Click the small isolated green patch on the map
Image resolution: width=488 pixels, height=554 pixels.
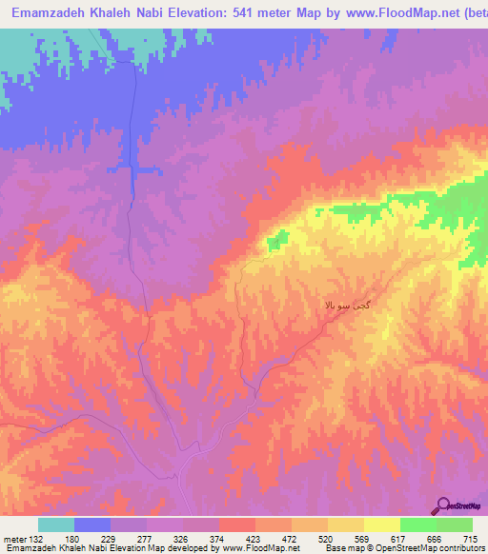[x=277, y=242]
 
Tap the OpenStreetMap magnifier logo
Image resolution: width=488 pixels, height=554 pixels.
[x=441, y=506]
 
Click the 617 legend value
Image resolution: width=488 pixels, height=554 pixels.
[x=399, y=538]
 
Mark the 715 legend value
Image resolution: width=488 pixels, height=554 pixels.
[x=472, y=538]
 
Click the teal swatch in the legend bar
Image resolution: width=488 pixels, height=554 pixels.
[x=56, y=524]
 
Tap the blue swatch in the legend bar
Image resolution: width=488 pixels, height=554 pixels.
[x=92, y=524]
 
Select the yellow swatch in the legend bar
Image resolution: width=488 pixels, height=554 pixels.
[x=381, y=524]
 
